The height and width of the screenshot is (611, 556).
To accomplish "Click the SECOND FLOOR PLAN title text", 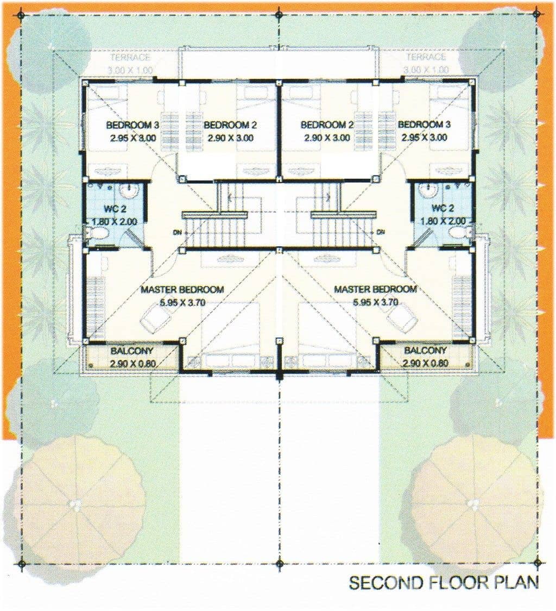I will (x=444, y=583).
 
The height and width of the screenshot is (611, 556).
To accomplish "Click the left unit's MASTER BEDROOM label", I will (x=182, y=290).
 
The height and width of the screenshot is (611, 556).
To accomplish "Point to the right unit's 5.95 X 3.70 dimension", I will (x=375, y=302).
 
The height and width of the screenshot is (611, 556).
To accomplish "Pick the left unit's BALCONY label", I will (x=131, y=351).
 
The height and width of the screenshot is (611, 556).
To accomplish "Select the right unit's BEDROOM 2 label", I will (x=327, y=125).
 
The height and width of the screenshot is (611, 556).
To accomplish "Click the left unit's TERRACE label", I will (x=130, y=58).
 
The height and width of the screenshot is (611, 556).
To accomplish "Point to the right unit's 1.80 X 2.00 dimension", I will (x=443, y=221).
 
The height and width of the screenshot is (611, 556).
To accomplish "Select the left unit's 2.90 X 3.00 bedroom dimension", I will (x=230, y=138).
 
